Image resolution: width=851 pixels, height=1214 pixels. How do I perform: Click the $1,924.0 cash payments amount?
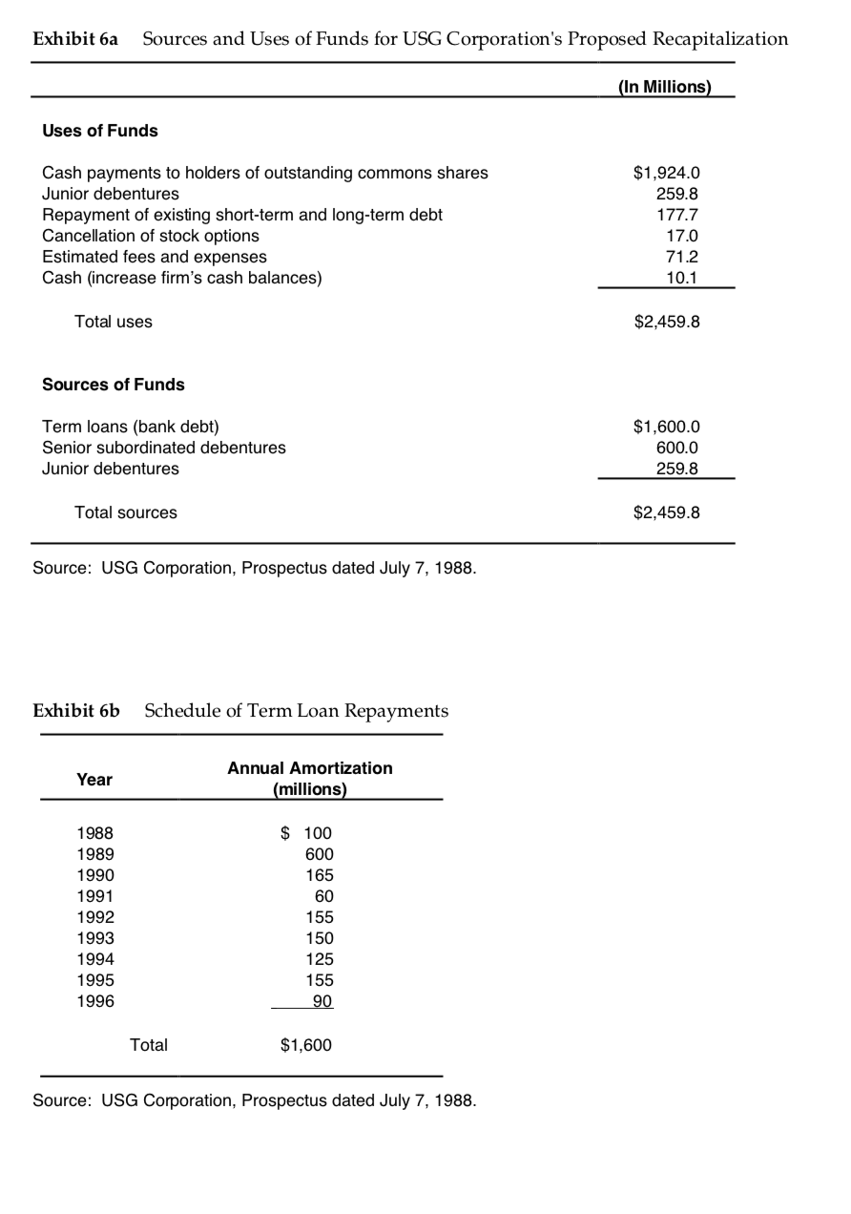[667, 173]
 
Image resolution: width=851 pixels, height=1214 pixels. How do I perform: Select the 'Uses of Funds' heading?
[100, 131]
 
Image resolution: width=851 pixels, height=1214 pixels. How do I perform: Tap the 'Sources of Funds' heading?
[114, 385]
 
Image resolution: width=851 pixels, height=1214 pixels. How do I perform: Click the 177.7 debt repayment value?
[680, 215]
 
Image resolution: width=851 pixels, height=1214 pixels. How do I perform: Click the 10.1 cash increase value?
[684, 278]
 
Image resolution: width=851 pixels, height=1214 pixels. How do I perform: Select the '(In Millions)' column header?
[665, 87]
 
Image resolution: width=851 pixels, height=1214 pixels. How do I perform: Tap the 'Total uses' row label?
[113, 322]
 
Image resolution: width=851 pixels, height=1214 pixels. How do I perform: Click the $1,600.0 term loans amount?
[667, 427]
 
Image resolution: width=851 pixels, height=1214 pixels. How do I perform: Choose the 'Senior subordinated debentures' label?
[164, 448]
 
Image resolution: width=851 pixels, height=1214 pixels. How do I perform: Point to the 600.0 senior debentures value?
[680, 448]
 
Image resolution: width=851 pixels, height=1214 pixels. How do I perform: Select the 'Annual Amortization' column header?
[309, 768]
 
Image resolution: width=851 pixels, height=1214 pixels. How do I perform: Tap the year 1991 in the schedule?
[94, 896]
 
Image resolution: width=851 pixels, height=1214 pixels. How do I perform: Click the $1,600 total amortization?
[306, 1045]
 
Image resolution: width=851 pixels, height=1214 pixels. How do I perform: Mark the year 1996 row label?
[94, 1001]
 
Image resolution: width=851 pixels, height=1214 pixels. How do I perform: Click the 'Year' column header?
[94, 780]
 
